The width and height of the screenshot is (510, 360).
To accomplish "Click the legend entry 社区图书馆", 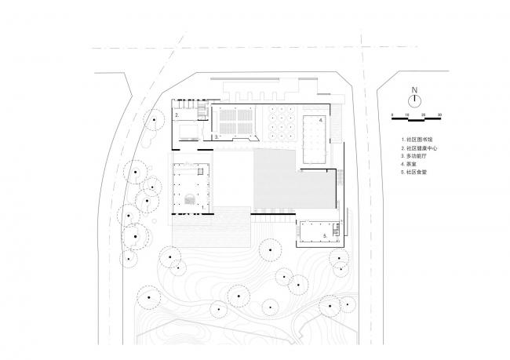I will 417,139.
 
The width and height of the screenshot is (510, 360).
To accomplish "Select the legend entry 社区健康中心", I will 419,147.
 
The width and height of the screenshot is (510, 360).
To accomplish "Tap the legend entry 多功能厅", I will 415,155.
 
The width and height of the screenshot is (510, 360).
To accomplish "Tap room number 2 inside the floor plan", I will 177,115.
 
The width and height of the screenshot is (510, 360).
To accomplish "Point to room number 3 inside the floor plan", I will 216,136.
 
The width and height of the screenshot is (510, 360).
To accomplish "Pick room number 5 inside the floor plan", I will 323,234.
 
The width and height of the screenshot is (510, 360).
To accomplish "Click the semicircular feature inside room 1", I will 188,200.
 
